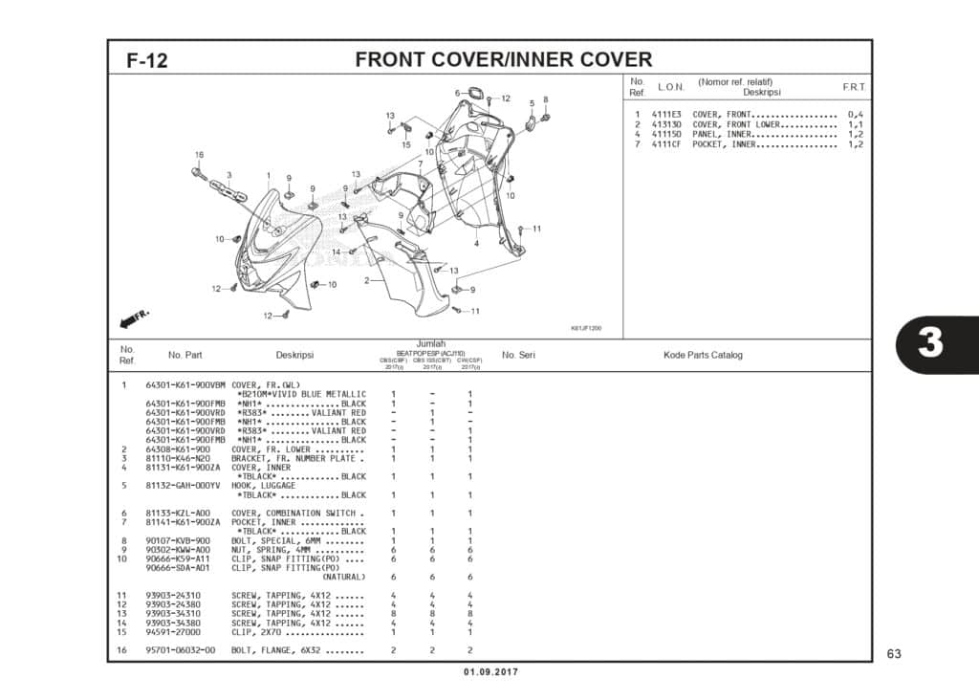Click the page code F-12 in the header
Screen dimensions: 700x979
147,60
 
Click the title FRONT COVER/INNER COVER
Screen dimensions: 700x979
503,59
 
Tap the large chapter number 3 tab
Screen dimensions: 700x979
930,343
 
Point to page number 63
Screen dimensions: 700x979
894,654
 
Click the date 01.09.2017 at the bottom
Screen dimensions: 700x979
489,673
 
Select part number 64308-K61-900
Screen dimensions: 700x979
178,448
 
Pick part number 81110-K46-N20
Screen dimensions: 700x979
178,458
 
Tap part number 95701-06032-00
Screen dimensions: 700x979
181,650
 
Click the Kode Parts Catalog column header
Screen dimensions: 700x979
703,355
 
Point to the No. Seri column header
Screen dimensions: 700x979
518,355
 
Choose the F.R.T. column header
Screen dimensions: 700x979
854,87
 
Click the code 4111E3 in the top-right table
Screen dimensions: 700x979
666,115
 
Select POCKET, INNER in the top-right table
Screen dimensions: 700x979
724,144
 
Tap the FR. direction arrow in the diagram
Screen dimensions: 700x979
135,317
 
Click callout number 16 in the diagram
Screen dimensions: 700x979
199,155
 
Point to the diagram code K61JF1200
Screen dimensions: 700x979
586,328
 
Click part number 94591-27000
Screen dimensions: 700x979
173,632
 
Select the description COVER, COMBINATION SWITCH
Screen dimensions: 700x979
296,514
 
